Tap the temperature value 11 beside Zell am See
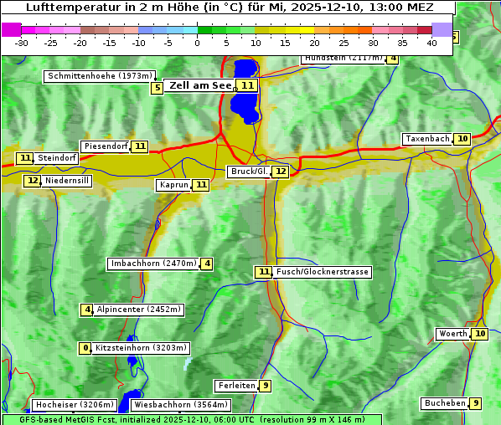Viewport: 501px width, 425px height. coord(247,85)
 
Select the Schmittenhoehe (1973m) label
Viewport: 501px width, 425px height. coord(101,76)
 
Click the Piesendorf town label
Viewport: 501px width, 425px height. coord(106,146)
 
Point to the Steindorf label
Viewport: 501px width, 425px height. coord(58,158)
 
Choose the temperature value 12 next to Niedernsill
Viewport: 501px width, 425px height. coord(33,181)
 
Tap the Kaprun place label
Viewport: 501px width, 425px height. coord(173,186)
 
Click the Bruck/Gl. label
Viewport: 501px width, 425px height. coord(249,172)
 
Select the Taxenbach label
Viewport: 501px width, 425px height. coord(427,139)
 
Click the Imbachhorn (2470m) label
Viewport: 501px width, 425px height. coord(153,264)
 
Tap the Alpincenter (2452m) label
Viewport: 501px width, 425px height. coord(138,310)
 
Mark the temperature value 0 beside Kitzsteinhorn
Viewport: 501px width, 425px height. coord(85,348)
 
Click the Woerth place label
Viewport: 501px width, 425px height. coord(453,334)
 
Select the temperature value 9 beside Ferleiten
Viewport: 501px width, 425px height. coord(265,386)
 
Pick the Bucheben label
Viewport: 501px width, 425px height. coord(445,403)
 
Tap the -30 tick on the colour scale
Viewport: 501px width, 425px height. coord(22,43)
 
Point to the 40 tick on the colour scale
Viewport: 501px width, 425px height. coord(431,43)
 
